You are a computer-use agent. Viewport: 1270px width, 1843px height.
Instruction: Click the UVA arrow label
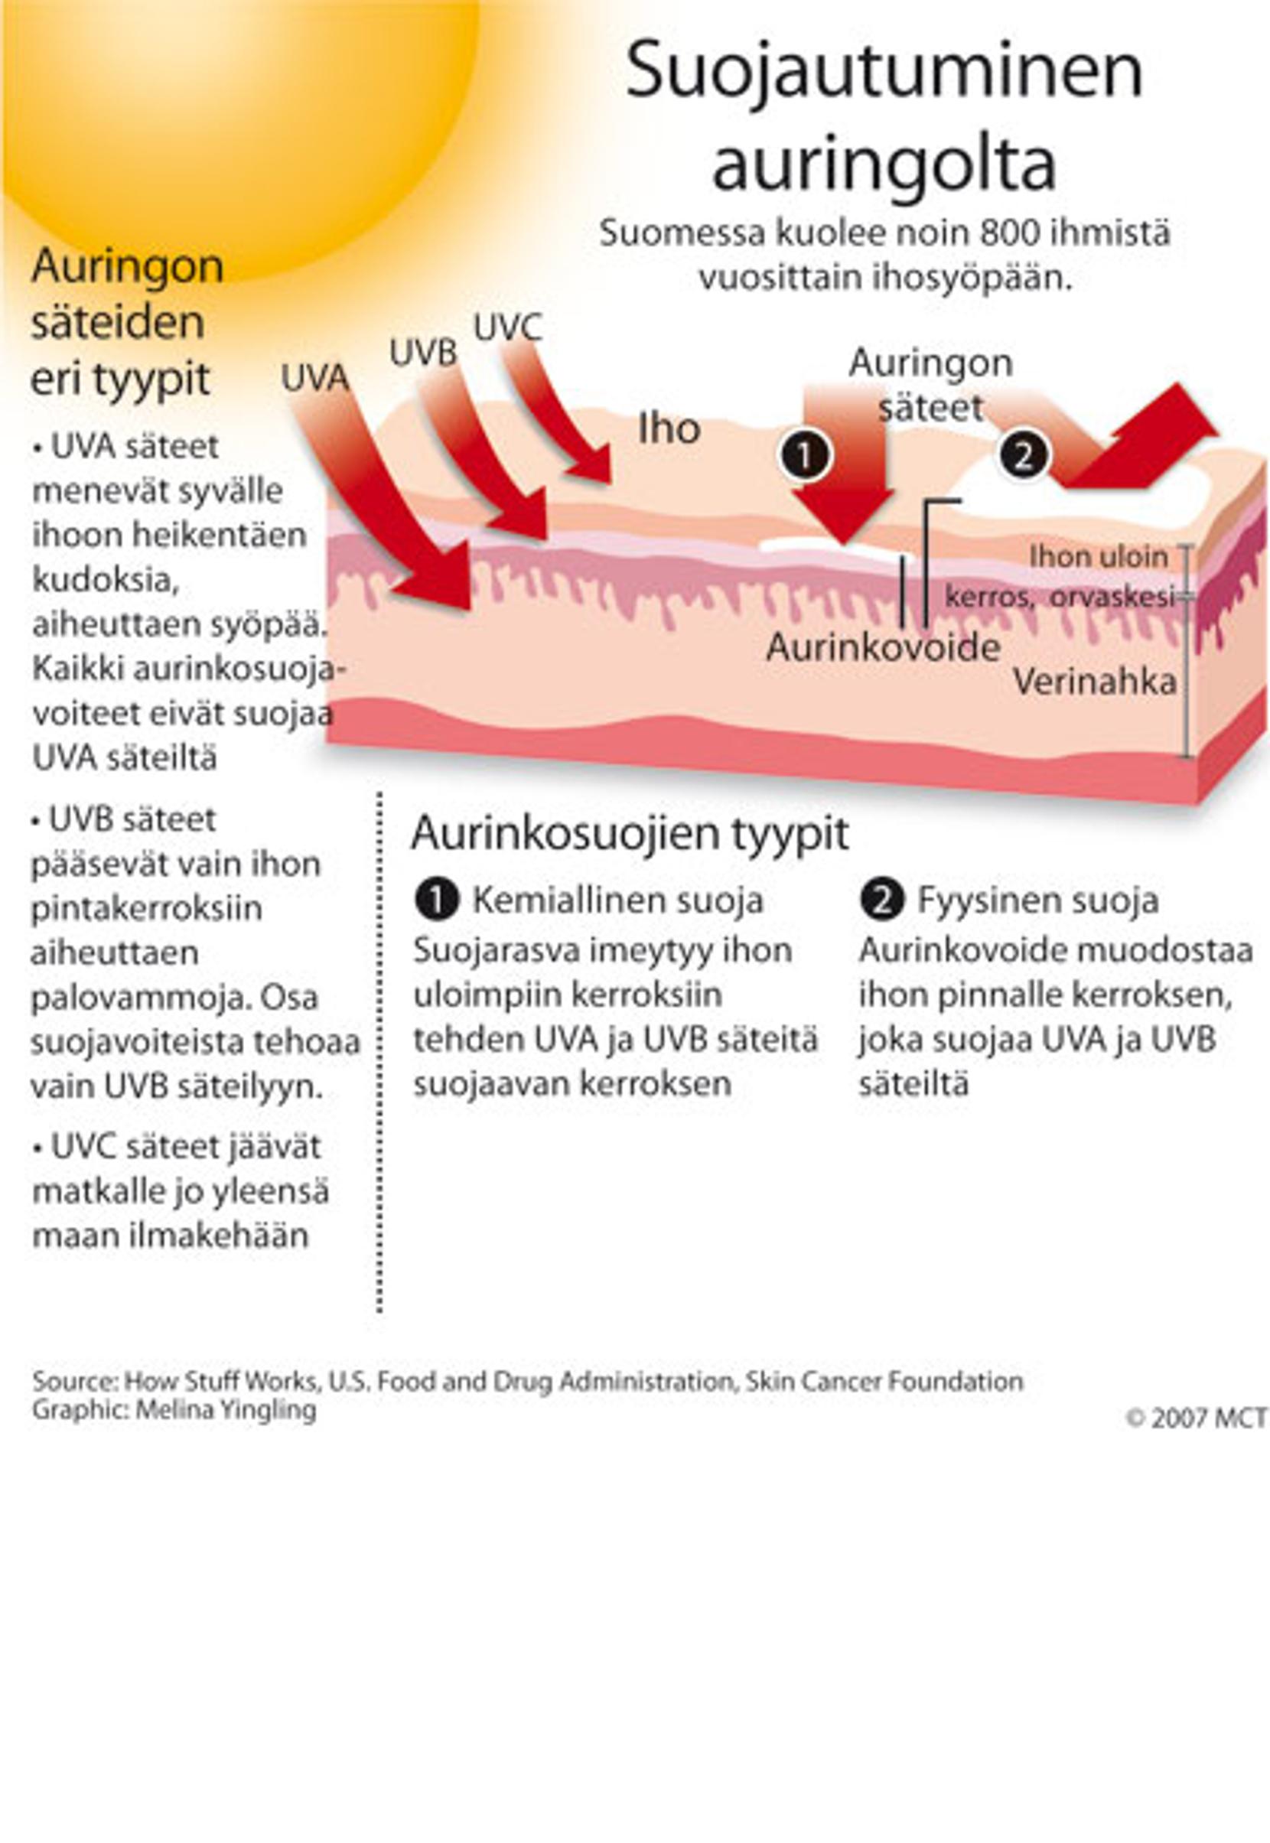(x=315, y=379)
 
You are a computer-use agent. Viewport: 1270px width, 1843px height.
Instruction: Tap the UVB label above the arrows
(x=422, y=353)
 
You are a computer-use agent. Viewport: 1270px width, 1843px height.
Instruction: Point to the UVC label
(x=508, y=328)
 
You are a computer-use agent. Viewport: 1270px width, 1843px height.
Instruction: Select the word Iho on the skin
(x=669, y=429)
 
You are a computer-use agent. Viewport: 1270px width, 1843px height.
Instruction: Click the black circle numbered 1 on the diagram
(x=806, y=456)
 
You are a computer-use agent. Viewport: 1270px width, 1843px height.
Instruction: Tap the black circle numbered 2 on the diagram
(x=1023, y=456)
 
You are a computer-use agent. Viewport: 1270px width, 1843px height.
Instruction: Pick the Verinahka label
(x=1094, y=682)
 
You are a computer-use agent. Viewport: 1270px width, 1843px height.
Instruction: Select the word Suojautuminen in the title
(x=884, y=72)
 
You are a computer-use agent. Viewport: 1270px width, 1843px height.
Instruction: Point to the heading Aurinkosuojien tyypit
(x=630, y=833)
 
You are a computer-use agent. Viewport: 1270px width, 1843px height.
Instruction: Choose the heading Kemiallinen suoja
(x=617, y=900)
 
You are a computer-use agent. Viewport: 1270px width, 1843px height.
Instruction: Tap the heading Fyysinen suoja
(x=1037, y=900)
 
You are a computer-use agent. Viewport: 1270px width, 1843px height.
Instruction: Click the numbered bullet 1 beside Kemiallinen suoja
(x=436, y=900)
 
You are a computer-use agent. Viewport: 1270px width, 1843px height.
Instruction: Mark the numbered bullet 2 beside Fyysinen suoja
(x=881, y=900)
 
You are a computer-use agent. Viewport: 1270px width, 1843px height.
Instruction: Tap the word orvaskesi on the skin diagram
(x=1112, y=597)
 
